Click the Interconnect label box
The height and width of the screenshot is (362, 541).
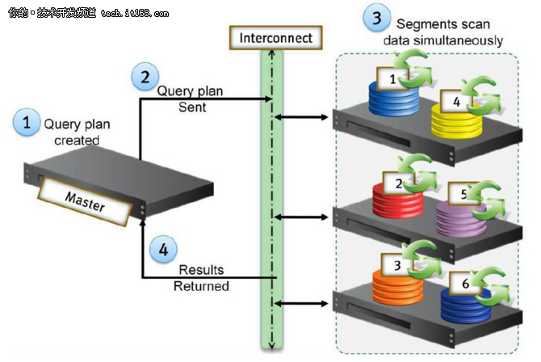point(275,38)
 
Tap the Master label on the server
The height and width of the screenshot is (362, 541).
point(85,202)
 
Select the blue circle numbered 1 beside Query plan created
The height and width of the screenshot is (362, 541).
point(26,122)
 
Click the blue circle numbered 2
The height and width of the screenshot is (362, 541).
point(145,76)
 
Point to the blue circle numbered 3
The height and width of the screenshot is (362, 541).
point(377,17)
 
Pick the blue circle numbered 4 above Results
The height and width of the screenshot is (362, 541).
point(163,249)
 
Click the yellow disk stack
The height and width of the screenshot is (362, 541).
point(456,121)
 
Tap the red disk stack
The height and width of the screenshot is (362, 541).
point(397,200)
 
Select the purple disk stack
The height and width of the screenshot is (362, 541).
point(461,219)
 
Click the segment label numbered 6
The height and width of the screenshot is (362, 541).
point(465,284)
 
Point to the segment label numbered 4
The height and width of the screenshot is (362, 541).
point(456,101)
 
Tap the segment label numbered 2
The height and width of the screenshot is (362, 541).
point(399,183)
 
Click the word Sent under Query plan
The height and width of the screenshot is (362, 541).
point(192,107)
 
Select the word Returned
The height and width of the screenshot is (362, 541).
point(201,286)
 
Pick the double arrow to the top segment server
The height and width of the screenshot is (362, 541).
point(301,117)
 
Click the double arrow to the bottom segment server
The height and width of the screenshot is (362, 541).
point(301,304)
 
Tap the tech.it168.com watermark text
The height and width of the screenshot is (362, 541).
point(135,14)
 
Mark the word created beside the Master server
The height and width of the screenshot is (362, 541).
point(77,141)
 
